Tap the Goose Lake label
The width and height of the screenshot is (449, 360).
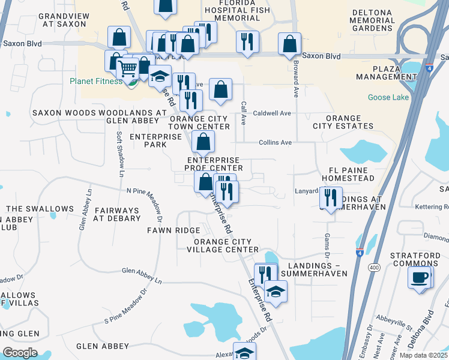pos(389,97)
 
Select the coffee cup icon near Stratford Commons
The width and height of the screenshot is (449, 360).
pos(419,278)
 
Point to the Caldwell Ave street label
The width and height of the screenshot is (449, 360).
pos(272,113)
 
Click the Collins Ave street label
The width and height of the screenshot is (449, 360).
pos(275,143)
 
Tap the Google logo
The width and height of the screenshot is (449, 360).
pos(20,352)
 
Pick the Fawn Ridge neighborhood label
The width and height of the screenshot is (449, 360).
pos(174,230)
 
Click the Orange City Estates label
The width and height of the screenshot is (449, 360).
pos(343,122)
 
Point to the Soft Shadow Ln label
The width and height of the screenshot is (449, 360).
pos(119,154)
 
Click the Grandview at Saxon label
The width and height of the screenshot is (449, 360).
pos(65,19)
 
